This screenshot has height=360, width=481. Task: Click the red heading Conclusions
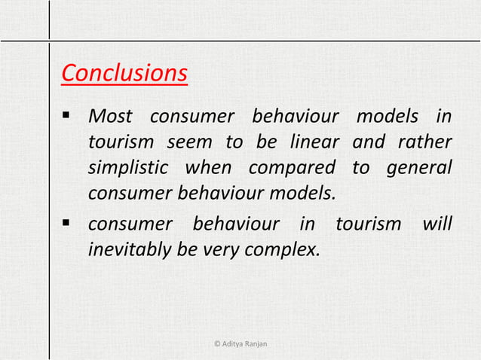124,74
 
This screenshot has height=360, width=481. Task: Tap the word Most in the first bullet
110,117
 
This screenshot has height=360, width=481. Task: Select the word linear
311,142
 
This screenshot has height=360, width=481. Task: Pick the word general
419,167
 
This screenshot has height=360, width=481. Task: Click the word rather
425,142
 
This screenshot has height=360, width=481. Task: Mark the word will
437,224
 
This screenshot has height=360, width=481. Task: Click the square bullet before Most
66,117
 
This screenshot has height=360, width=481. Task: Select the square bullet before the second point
66,224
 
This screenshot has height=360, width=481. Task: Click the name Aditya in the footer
234,344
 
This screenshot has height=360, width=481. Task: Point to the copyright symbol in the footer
217,344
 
